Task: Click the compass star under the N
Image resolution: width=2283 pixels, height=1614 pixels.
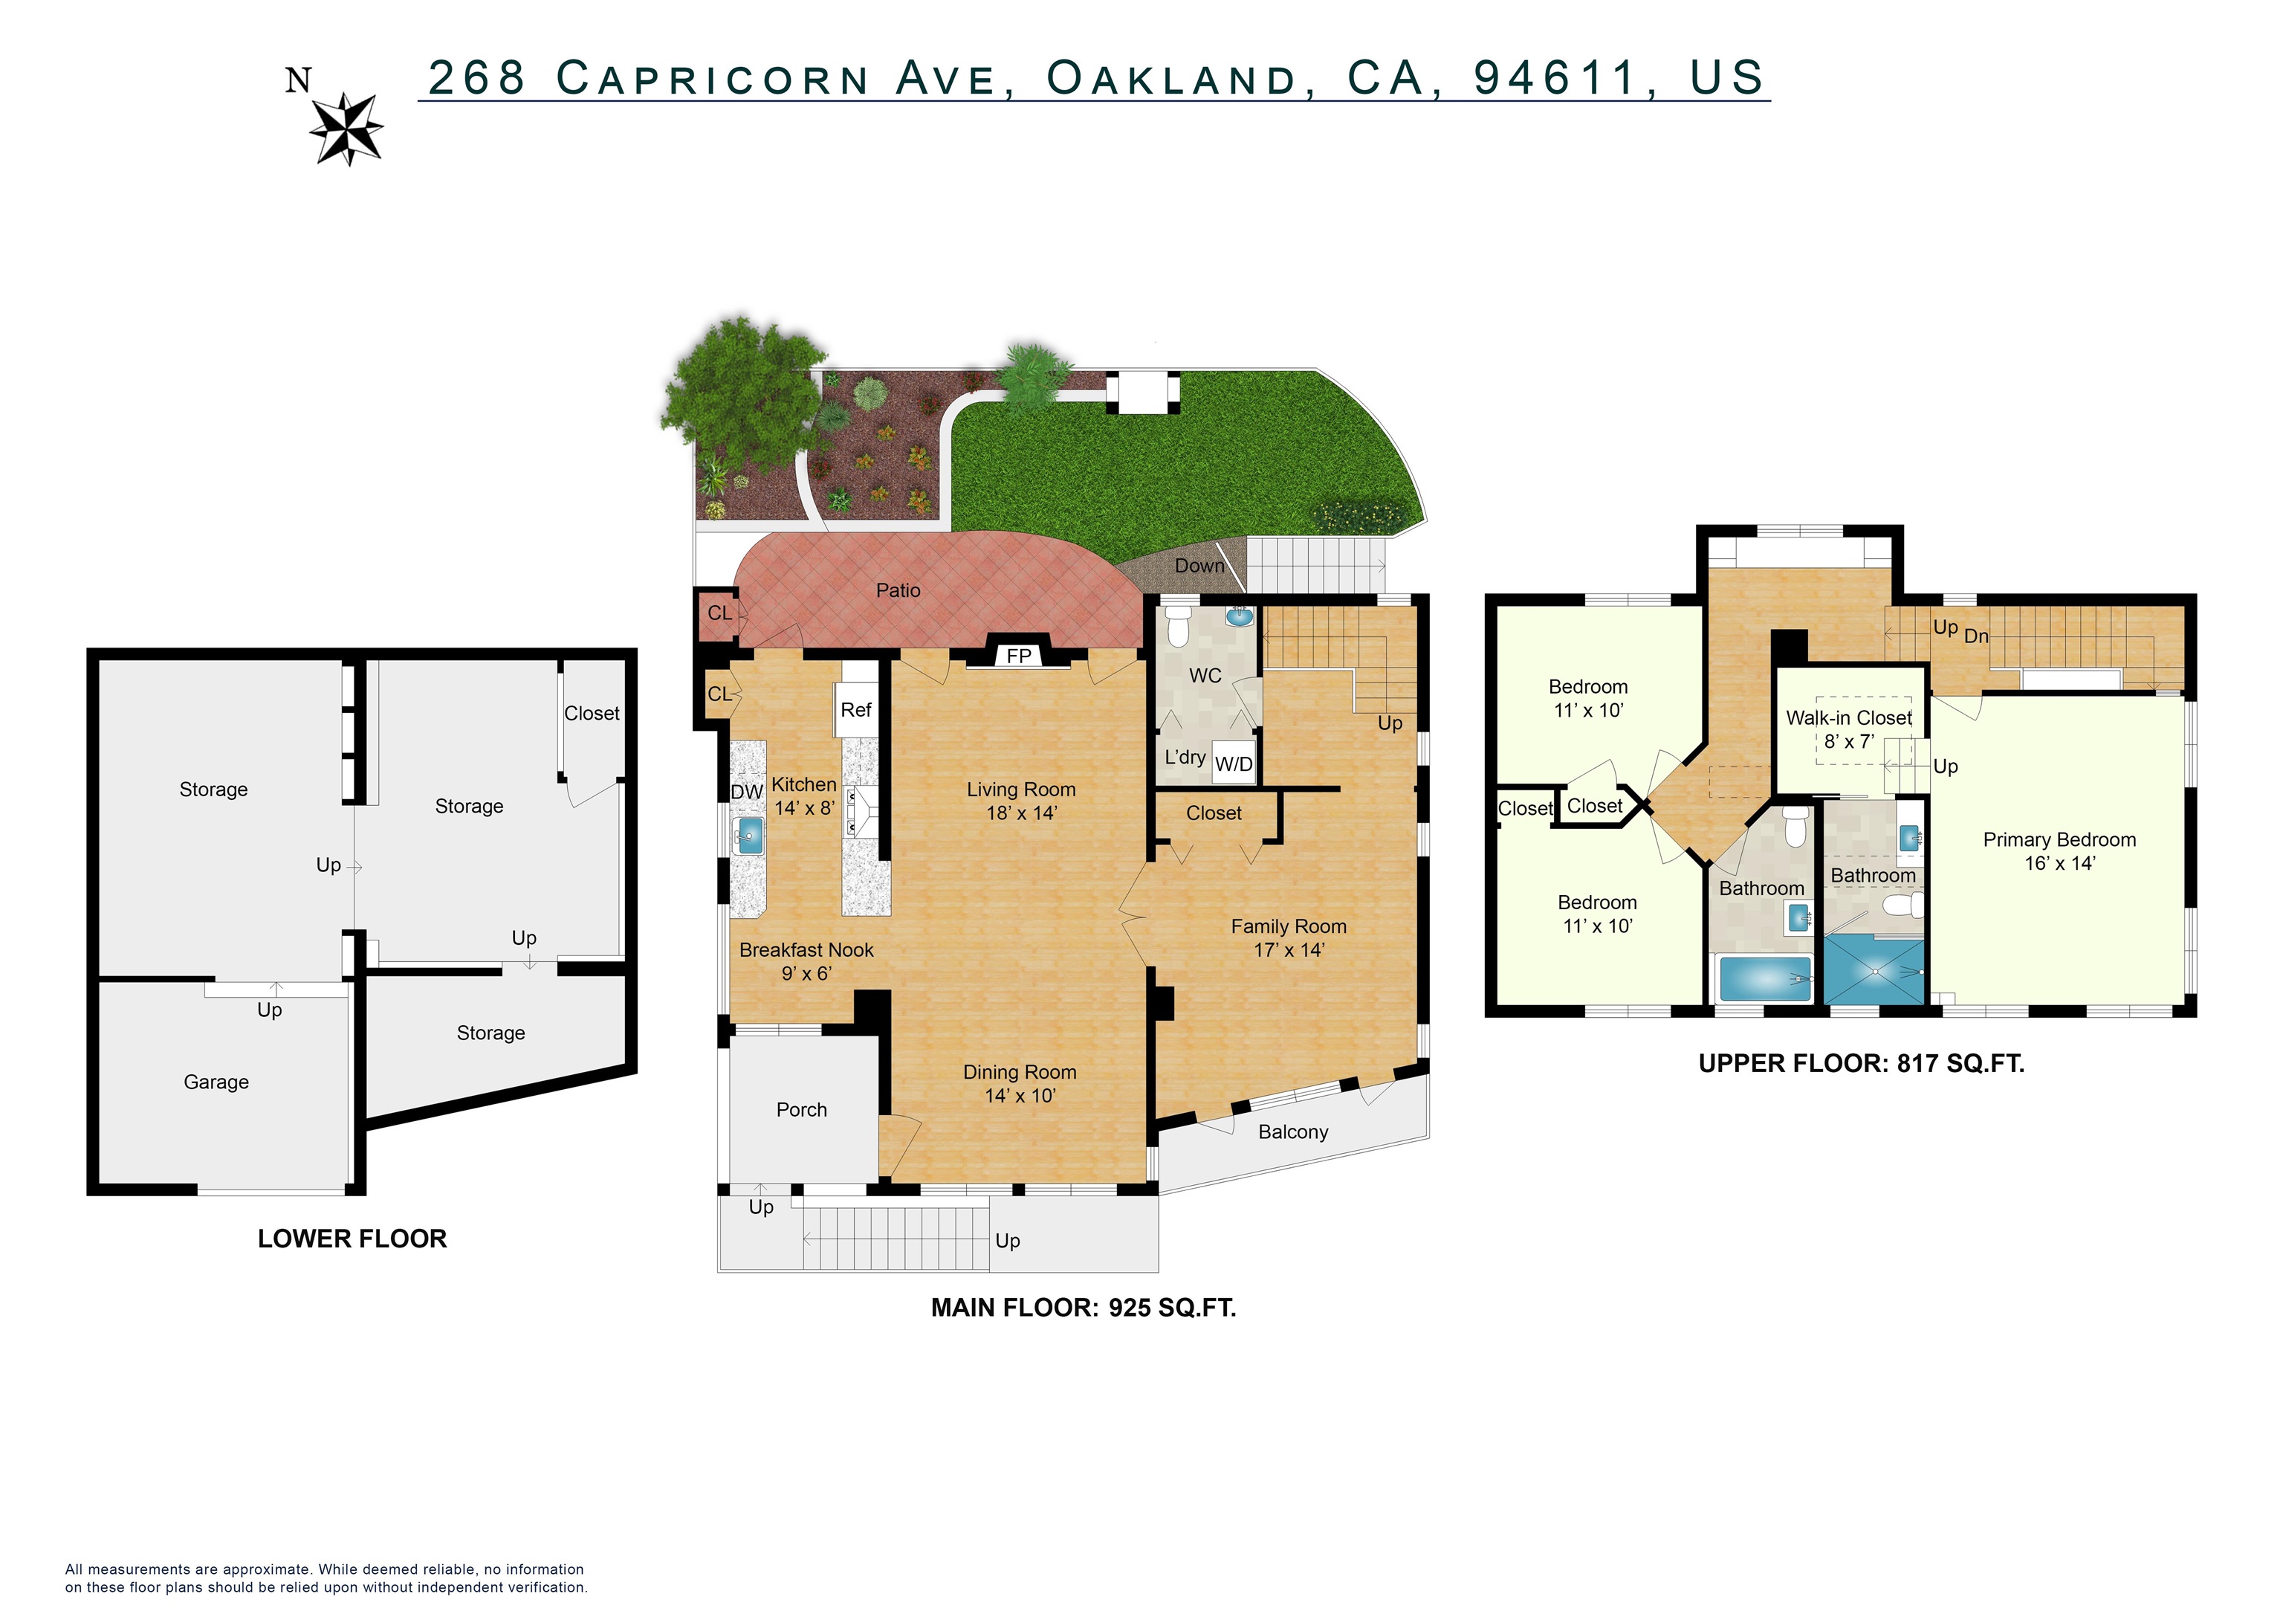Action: [x=346, y=129]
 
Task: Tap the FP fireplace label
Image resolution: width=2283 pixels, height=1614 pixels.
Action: [x=1018, y=656]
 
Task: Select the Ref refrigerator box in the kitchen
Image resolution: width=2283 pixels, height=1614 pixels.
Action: [x=855, y=709]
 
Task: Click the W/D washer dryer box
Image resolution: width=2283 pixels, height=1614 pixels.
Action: [x=1233, y=764]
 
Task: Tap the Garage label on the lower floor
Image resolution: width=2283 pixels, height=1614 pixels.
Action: [x=216, y=1082]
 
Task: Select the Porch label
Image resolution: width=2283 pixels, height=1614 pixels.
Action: [x=801, y=1110]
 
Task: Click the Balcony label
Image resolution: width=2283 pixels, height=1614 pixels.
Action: [x=1292, y=1132]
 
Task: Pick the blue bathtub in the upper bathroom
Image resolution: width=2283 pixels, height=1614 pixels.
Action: [x=1765, y=978]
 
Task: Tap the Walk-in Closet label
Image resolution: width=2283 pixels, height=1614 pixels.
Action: [x=1848, y=718]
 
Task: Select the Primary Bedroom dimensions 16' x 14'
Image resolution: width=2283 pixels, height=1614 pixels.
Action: [x=2059, y=863]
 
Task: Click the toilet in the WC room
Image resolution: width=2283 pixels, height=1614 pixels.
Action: [x=1179, y=627]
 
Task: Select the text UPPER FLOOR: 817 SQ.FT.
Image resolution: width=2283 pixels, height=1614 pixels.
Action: [x=1860, y=1063]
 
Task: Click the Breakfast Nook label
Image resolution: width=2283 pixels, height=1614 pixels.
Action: [x=806, y=949]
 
